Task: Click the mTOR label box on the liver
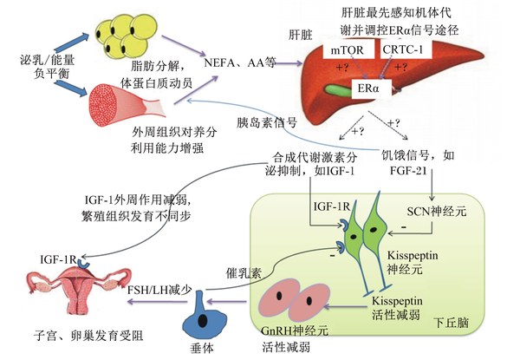click(348, 49)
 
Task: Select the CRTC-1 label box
click(403, 49)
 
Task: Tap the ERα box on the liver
click(371, 88)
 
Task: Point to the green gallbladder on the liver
click(338, 89)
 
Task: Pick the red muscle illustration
click(126, 104)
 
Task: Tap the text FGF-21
click(408, 171)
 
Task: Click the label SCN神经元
click(437, 211)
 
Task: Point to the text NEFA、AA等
click(240, 62)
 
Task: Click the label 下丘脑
click(452, 322)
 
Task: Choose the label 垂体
click(202, 348)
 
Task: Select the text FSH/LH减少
click(159, 290)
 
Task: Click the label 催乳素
click(244, 272)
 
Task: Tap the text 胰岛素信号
click(266, 122)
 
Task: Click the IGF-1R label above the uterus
click(58, 259)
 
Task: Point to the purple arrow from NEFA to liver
click(289, 63)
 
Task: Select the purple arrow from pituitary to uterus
click(158, 301)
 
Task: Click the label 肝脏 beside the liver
click(301, 35)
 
